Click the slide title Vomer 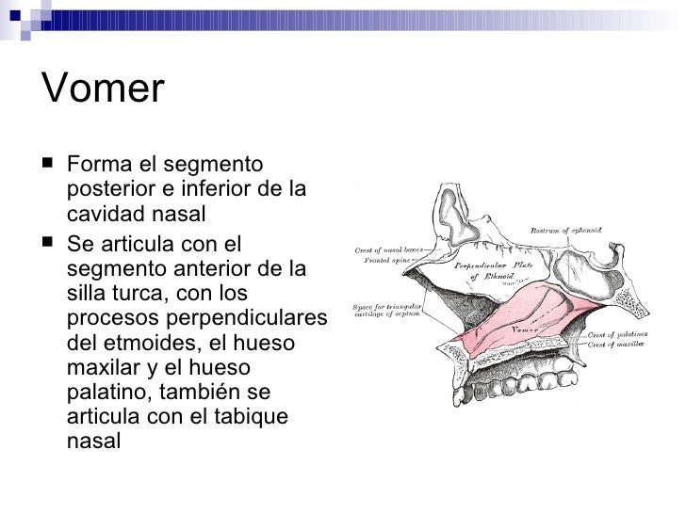(x=104, y=89)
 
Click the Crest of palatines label (x=616, y=335)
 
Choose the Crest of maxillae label (x=615, y=346)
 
